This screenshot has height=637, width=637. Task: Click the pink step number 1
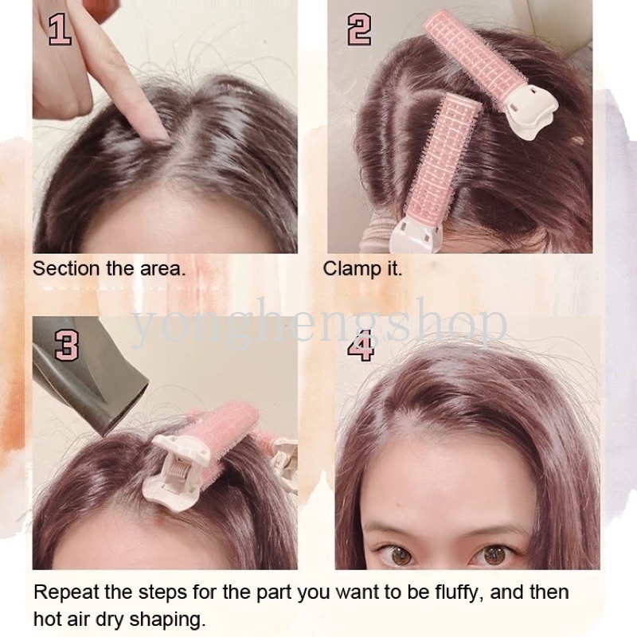61,29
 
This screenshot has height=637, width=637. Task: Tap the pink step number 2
359,29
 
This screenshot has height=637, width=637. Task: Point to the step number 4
361,345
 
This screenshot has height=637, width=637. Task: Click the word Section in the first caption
66,268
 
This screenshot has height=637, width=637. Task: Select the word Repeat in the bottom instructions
66,592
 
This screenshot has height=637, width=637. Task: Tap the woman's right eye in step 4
399,554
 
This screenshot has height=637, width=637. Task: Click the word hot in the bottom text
47,620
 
